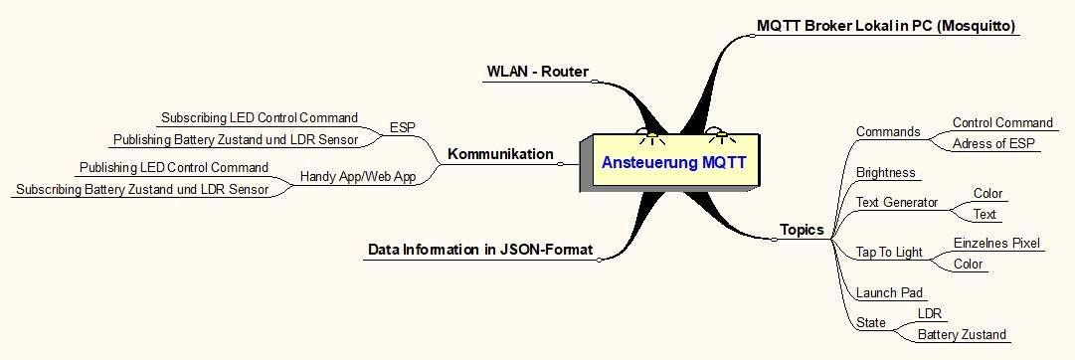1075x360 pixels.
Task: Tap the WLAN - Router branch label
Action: pos(537,72)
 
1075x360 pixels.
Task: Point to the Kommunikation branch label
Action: pos(500,154)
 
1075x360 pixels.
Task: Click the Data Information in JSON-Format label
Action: pos(480,250)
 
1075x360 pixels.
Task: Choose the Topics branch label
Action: pos(802,230)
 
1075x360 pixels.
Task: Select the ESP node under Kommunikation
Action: pos(403,127)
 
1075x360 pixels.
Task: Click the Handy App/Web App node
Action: pos(358,177)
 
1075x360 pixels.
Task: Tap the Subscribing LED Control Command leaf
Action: pos(260,117)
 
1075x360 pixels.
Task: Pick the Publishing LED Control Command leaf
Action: pos(174,167)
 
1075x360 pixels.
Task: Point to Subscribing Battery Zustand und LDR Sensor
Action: pos(142,189)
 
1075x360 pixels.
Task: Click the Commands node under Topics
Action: pos(888,132)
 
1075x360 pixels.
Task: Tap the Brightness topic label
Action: pos(885,172)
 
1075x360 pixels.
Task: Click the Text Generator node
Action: pos(897,203)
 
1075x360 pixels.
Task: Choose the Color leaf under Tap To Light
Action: pos(968,264)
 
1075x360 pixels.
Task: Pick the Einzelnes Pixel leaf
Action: pos(996,243)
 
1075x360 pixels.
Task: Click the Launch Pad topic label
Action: pos(888,293)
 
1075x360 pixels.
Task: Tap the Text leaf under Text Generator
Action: pos(985,214)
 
